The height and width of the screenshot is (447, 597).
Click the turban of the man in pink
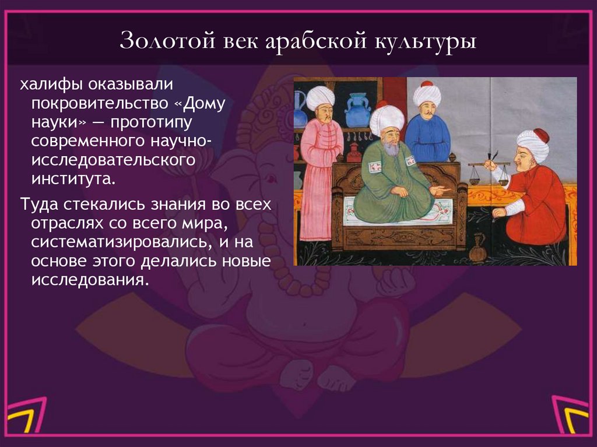[x=320, y=97]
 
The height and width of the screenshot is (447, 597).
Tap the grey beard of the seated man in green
[x=391, y=149]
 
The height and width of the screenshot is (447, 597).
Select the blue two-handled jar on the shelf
[x=357, y=111]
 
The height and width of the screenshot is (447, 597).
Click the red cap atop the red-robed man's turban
[x=540, y=135]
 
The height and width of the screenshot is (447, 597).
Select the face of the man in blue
[x=427, y=108]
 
